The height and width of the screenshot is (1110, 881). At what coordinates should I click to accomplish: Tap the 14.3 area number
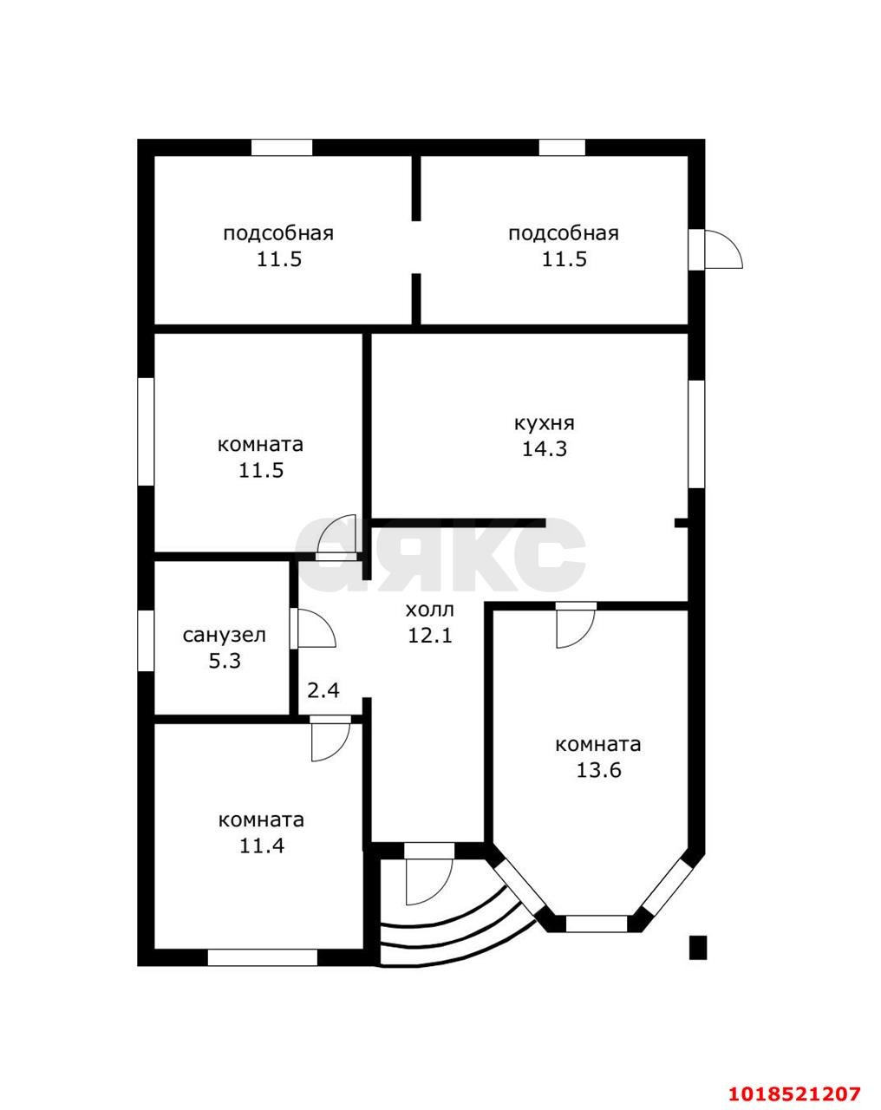[545, 448]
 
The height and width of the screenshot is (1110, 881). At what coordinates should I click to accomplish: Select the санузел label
[225, 636]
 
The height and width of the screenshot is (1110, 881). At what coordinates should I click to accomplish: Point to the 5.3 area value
[225, 661]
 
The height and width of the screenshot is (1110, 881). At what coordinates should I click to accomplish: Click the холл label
[430, 610]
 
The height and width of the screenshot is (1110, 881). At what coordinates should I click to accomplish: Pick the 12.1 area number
[430, 636]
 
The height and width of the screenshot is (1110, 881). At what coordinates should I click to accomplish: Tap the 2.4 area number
[323, 690]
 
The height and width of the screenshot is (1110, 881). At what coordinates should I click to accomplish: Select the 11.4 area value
[262, 846]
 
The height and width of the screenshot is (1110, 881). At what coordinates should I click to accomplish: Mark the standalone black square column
[698, 948]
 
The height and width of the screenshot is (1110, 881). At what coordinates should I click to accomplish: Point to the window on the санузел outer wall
[146, 640]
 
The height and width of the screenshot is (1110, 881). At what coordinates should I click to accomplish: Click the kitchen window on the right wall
[697, 434]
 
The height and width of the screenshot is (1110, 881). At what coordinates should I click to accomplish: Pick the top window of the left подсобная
[282, 147]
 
